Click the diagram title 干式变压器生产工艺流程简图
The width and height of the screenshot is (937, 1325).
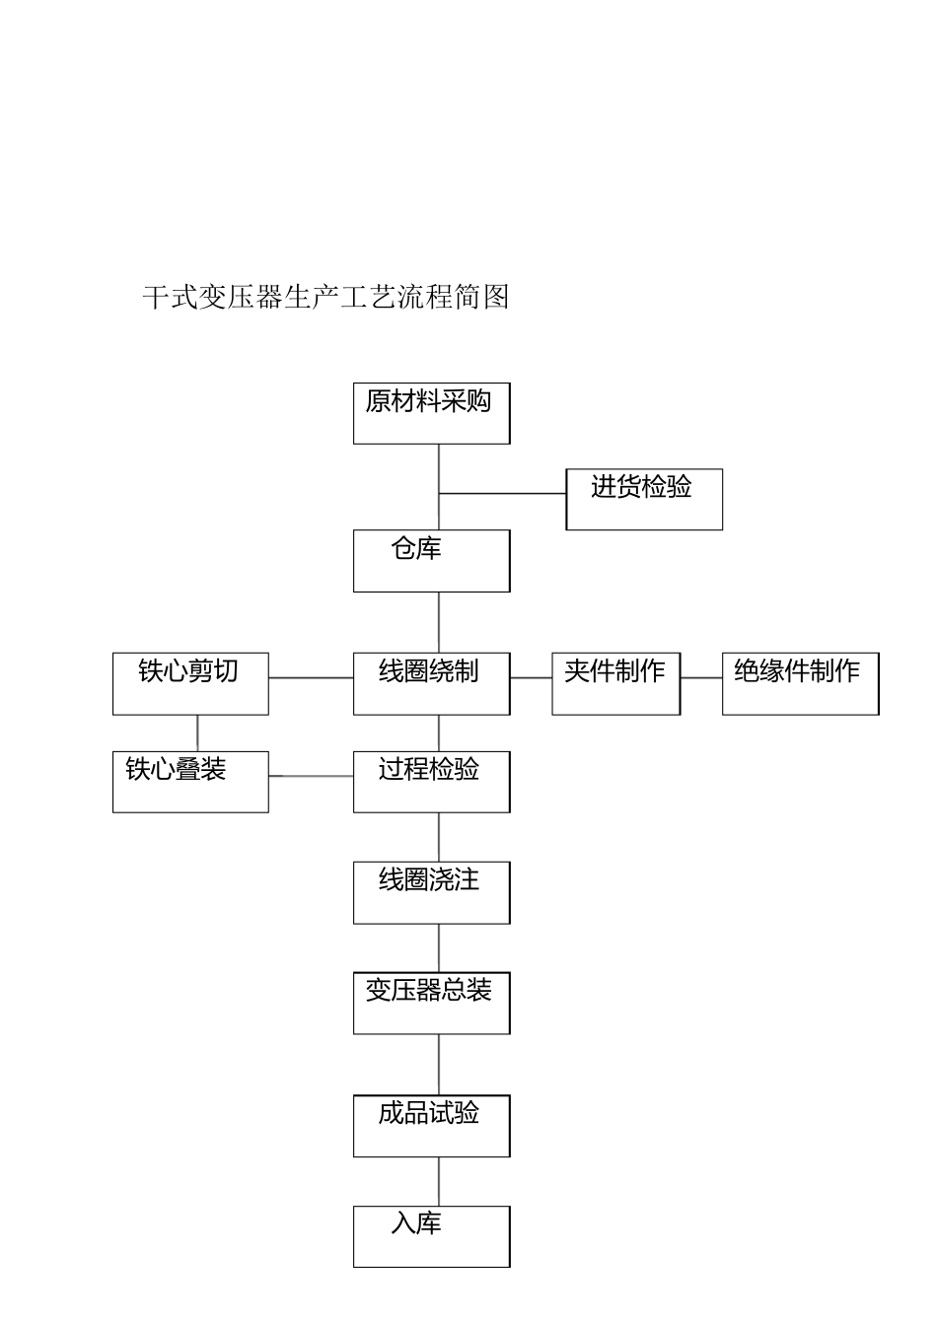coord(325,297)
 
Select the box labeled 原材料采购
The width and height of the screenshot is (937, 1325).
coord(431,413)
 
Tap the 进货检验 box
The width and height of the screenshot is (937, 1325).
coord(643,499)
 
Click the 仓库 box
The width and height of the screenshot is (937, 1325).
coord(431,560)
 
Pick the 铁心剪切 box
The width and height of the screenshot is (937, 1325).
coord(190,683)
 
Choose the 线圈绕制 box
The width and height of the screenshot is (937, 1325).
coord(431,683)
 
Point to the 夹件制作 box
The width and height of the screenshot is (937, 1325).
coord(615,683)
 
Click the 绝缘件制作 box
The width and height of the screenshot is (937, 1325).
coord(799,683)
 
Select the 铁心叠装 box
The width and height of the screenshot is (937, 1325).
coord(190,782)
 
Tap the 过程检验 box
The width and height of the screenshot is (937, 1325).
coord(431,782)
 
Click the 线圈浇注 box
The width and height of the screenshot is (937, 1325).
coord(431,892)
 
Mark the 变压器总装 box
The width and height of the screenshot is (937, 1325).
coord(431,1003)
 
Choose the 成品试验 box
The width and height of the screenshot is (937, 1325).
coord(431,1125)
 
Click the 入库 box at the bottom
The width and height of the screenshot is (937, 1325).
coord(431,1235)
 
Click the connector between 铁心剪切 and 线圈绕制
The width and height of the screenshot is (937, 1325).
coord(311,678)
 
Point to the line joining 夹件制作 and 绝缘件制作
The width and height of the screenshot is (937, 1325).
coord(701,678)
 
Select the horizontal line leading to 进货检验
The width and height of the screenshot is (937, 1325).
coord(502,493)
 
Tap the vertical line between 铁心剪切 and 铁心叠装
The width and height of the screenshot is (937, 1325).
coord(197,732)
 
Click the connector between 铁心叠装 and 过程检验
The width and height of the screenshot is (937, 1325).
coord(311,777)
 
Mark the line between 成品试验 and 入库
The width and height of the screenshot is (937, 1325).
coord(439,1181)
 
